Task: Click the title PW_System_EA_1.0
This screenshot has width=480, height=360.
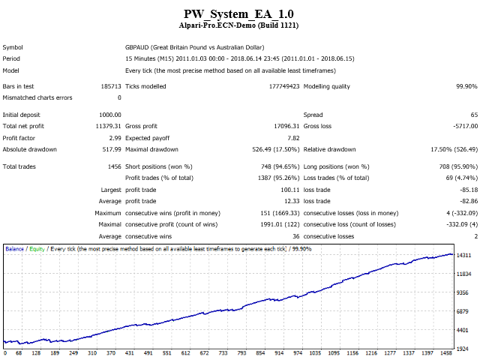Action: click(x=238, y=14)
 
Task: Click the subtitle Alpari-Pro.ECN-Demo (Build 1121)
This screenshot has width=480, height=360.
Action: click(x=238, y=25)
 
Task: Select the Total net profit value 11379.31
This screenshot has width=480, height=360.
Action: click(x=108, y=126)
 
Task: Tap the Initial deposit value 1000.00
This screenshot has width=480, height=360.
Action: click(x=110, y=115)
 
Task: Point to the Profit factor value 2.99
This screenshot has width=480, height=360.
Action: click(x=115, y=138)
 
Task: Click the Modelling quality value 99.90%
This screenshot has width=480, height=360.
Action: click(x=466, y=86)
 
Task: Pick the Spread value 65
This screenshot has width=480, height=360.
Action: click(x=474, y=115)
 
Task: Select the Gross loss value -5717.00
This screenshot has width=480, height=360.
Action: click(x=465, y=126)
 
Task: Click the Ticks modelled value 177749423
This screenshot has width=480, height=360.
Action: click(x=284, y=86)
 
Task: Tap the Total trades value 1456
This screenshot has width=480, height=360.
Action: click(x=115, y=166)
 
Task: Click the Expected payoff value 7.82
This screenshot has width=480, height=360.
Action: click(x=293, y=138)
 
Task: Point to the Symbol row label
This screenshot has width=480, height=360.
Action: click(x=13, y=47)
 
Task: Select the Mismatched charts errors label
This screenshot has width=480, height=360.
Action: click(x=37, y=97)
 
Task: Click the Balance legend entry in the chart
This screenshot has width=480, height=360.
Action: click(x=14, y=249)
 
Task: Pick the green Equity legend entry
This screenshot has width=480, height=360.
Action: click(x=37, y=249)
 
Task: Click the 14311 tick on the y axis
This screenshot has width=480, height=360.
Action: click(x=463, y=255)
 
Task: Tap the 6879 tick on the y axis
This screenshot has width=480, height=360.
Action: click(x=463, y=311)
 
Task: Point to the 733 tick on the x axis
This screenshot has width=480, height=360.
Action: click(x=223, y=353)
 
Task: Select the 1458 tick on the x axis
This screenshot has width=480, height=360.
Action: click(x=446, y=353)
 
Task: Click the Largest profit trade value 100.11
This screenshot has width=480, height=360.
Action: click(x=290, y=190)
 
